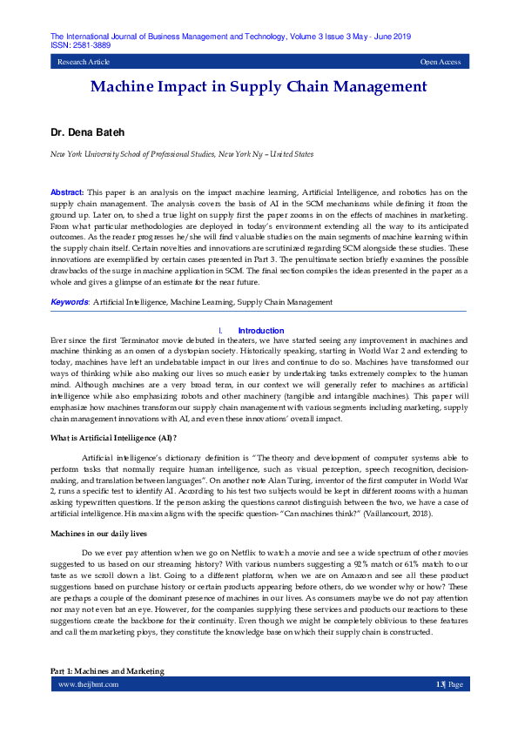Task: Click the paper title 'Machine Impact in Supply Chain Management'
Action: click(x=259, y=86)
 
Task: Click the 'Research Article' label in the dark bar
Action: click(x=84, y=63)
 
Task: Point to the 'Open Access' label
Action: click(x=440, y=63)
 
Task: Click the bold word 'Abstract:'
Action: click(x=67, y=191)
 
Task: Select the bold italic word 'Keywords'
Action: click(x=70, y=302)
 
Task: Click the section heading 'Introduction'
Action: click(x=261, y=331)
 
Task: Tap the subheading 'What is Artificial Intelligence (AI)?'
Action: click(x=113, y=437)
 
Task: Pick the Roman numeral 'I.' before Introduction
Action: click(x=220, y=331)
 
